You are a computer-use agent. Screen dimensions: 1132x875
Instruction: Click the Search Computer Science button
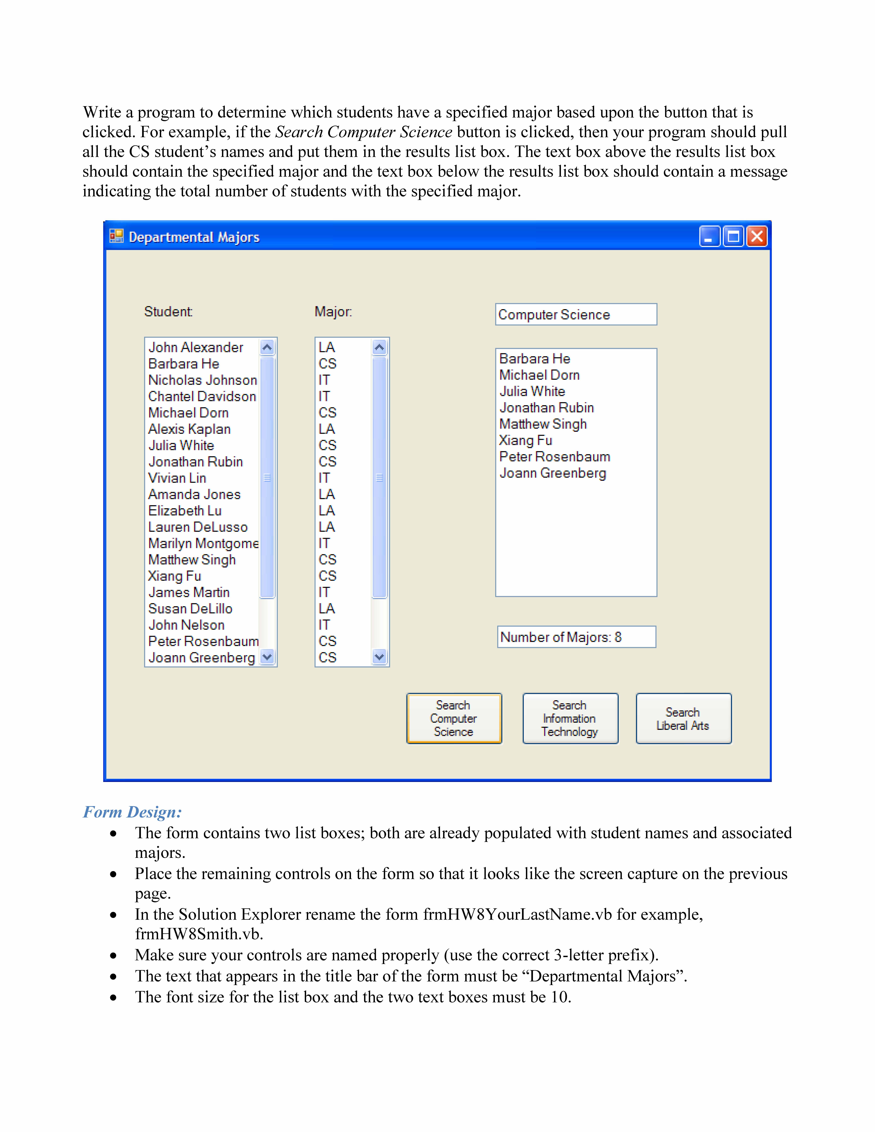pyautogui.click(x=454, y=718)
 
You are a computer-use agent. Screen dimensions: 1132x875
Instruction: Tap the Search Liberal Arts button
pyautogui.click(x=683, y=718)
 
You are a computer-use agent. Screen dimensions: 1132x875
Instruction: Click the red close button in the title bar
pyautogui.click(x=757, y=237)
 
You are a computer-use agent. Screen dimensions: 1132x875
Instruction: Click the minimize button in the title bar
pyautogui.click(x=709, y=237)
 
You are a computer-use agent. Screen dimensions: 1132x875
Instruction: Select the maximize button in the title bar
pyautogui.click(x=733, y=237)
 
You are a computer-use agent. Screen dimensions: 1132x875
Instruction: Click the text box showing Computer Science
pyautogui.click(x=575, y=315)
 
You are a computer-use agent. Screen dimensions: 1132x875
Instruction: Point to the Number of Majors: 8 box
pyautogui.click(x=576, y=637)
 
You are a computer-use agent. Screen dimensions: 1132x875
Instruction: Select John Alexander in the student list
pyautogui.click(x=196, y=347)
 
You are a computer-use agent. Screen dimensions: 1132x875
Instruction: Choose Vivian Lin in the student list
pyautogui.click(x=177, y=478)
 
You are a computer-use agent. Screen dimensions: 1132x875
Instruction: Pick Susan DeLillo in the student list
pyautogui.click(x=190, y=609)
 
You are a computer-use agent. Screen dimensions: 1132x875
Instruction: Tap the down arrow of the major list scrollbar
pyautogui.click(x=379, y=657)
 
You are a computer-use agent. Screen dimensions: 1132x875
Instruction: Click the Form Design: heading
pyautogui.click(x=133, y=812)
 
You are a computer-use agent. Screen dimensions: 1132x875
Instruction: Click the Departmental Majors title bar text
pyautogui.click(x=194, y=237)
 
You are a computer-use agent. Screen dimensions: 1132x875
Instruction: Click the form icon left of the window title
pyautogui.click(x=116, y=236)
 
